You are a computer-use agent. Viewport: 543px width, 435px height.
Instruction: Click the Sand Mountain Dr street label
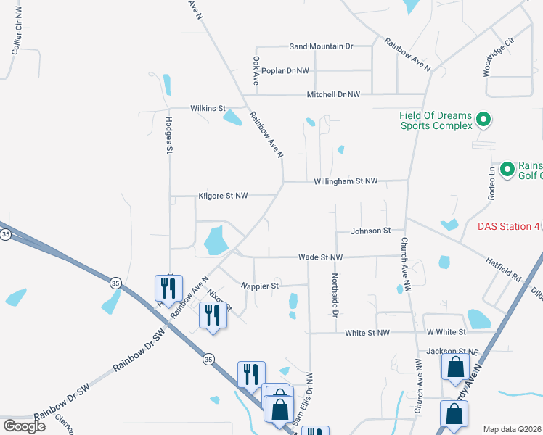[x=321, y=46]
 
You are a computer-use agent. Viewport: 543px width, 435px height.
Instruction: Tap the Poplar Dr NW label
[x=287, y=71]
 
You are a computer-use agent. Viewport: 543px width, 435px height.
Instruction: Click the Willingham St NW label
[x=346, y=181]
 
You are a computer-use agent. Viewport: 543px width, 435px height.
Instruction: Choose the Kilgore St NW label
[x=223, y=196]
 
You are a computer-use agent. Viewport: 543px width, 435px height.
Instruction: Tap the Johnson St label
[x=371, y=231]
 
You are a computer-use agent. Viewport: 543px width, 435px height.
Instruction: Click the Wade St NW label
[x=320, y=257]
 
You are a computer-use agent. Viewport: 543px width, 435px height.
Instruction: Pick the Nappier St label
[x=260, y=286]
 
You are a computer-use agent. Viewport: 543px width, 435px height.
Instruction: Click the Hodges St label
[x=169, y=136]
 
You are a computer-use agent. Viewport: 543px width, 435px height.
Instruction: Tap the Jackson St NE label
[x=453, y=352]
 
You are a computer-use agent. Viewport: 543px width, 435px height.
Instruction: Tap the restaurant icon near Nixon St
[x=213, y=315]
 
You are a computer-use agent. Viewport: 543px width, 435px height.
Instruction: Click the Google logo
[x=24, y=426]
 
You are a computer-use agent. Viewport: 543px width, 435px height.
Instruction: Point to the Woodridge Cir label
[x=499, y=57]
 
